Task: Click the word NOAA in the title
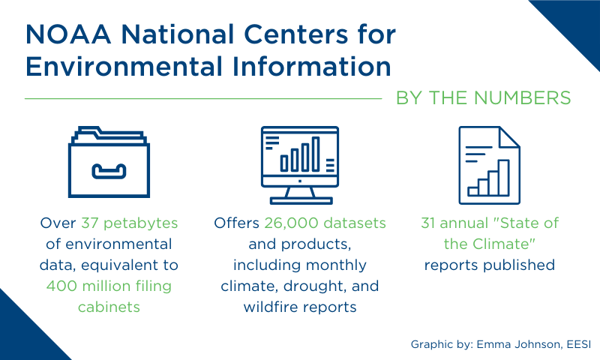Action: (68, 34)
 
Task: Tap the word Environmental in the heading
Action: (124, 67)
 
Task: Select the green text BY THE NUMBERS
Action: (483, 98)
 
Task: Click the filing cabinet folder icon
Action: (109, 162)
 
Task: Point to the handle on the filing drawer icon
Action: (109, 172)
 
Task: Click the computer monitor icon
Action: (300, 165)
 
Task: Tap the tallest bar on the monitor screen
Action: (316, 154)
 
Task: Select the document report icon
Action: (490, 165)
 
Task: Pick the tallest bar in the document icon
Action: (504, 178)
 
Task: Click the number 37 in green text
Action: (90, 223)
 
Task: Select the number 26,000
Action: (291, 223)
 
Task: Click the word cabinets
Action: (109, 307)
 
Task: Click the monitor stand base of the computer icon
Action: (301, 200)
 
